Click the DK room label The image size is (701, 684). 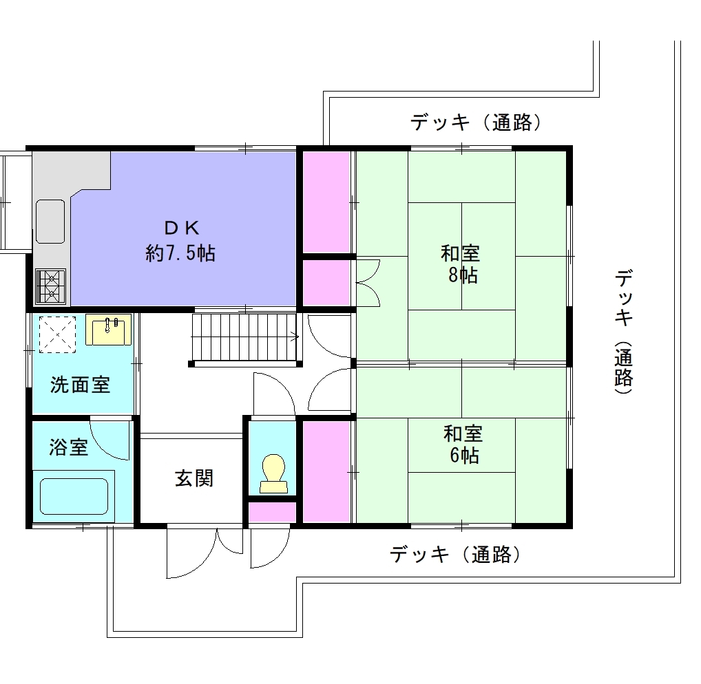182,228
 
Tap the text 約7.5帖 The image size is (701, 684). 180,254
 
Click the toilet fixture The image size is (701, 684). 273,473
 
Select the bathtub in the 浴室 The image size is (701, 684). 74,496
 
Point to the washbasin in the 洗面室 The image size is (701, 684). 108,330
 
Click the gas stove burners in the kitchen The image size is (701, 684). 50,286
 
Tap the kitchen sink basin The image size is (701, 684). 50,222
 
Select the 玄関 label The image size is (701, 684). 194,478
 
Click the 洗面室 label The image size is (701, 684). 81,385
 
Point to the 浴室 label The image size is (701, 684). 68,447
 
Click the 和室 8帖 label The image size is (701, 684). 461,264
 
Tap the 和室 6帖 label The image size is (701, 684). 463,445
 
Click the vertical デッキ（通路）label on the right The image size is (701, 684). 624,332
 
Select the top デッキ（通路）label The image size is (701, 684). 476,122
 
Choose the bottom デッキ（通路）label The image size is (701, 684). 456,555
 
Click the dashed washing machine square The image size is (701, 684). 57,334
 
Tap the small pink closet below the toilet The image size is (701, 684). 272,512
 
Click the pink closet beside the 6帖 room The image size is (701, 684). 326,472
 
